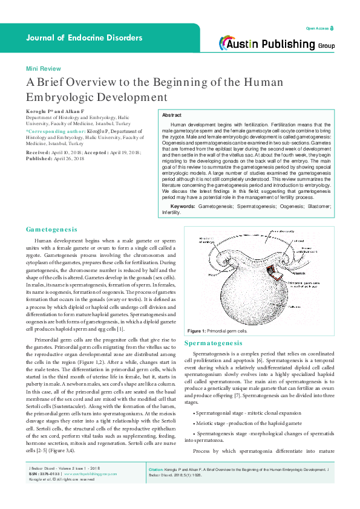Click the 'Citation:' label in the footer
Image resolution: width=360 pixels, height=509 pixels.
156,486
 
